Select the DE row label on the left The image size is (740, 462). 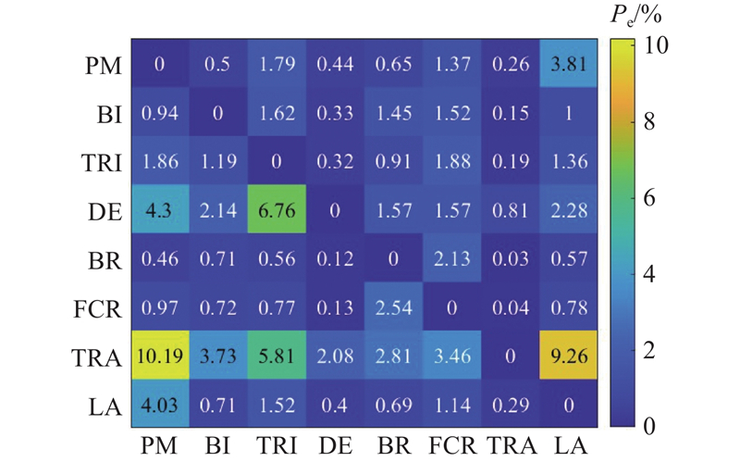(100, 212)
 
